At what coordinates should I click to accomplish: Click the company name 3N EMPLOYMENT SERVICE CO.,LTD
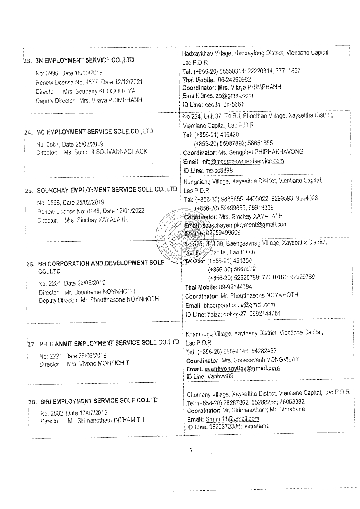84,60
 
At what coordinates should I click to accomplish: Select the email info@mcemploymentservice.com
242,161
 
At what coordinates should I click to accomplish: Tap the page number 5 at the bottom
190,451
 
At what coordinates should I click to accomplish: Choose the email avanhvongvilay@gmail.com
242,368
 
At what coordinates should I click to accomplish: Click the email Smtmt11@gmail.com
232,419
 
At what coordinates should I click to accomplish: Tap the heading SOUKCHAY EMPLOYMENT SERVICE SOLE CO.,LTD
107,190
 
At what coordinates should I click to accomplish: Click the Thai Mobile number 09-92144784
235,287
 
